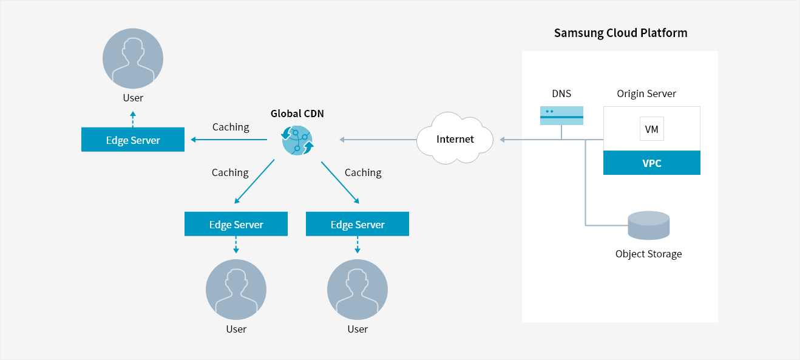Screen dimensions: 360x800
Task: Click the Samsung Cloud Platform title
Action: coord(620,33)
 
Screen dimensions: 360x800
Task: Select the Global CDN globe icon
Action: coord(297,140)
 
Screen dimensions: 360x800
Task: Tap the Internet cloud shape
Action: coord(455,139)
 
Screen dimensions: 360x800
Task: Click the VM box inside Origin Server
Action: coord(651,129)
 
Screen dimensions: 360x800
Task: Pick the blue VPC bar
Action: coord(651,163)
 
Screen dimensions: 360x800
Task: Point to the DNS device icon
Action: coord(561,115)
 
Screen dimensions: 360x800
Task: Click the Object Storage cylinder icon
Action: coord(649,225)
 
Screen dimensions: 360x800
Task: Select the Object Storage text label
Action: coord(648,254)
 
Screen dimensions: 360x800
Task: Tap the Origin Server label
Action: coord(646,93)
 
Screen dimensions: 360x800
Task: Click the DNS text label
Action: coord(561,93)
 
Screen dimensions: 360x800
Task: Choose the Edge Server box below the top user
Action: coord(133,140)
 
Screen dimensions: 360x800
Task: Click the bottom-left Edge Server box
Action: coord(236,224)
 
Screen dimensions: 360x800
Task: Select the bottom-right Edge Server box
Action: coord(358,224)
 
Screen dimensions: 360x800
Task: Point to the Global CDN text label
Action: coord(297,114)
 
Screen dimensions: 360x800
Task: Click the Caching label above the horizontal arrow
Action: coord(231,127)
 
